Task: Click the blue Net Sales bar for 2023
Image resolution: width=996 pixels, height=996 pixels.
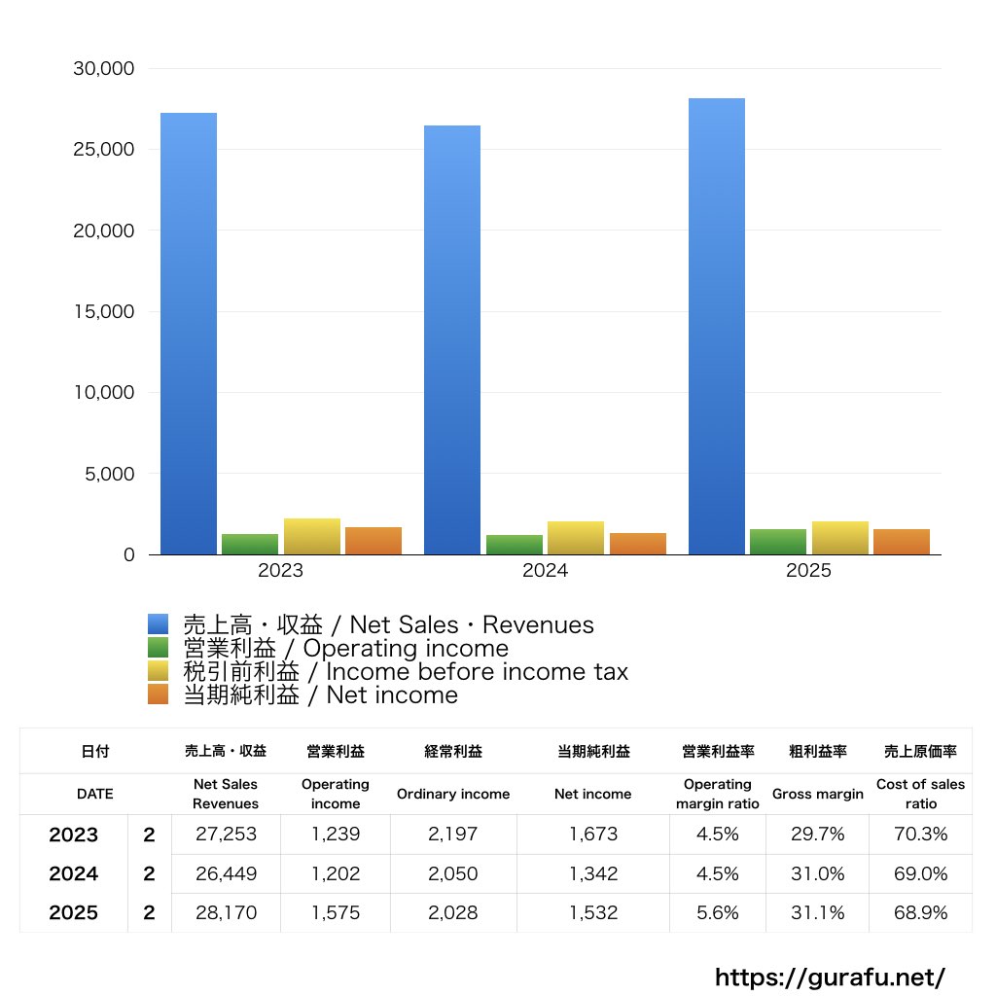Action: pos(189,334)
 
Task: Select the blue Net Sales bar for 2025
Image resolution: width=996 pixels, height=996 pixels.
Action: pos(717,326)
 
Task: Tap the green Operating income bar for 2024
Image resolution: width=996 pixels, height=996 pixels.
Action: pos(515,545)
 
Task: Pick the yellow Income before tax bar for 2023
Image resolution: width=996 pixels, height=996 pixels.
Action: pos(312,537)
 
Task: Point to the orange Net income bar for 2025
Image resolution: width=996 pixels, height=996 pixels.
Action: pos(902,542)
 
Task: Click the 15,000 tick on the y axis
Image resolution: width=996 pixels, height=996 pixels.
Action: pos(103,312)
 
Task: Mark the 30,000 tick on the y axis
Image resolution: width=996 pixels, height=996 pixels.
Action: pos(103,69)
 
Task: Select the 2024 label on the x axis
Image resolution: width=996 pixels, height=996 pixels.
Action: pos(545,571)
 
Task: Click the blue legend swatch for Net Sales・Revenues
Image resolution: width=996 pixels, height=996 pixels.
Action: pos(159,624)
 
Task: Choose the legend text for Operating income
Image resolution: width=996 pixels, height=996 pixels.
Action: pos(345,649)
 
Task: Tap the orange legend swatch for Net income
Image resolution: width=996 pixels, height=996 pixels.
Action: pos(159,694)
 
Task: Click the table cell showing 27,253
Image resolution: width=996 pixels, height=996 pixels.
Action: pos(226,835)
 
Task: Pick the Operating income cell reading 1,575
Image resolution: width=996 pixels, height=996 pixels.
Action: pos(336,912)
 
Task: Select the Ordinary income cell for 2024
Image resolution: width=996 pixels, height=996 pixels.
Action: pos(453,873)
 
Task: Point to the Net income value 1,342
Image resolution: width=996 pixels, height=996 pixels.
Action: pos(593,873)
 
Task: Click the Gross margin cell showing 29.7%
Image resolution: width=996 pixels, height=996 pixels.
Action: pos(818,835)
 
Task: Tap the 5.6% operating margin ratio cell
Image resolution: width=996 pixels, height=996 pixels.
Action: pos(718,912)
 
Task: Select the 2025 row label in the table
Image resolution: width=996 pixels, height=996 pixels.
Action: pos(74,912)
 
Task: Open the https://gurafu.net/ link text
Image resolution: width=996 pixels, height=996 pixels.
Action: pos(830,977)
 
